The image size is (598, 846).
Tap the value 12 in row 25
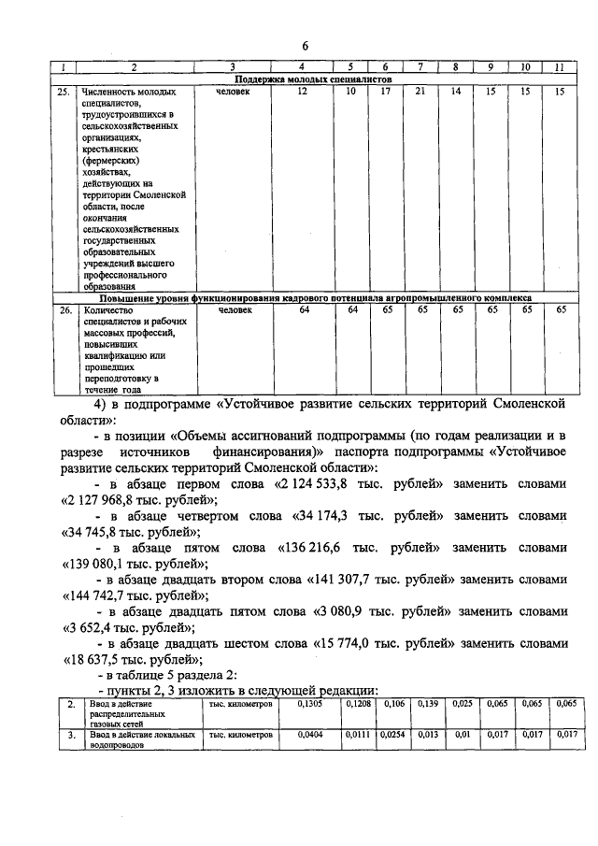pyautogui.click(x=302, y=93)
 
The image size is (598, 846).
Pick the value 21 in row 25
pyautogui.click(x=420, y=93)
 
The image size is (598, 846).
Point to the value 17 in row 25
pyautogui.click(x=384, y=93)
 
